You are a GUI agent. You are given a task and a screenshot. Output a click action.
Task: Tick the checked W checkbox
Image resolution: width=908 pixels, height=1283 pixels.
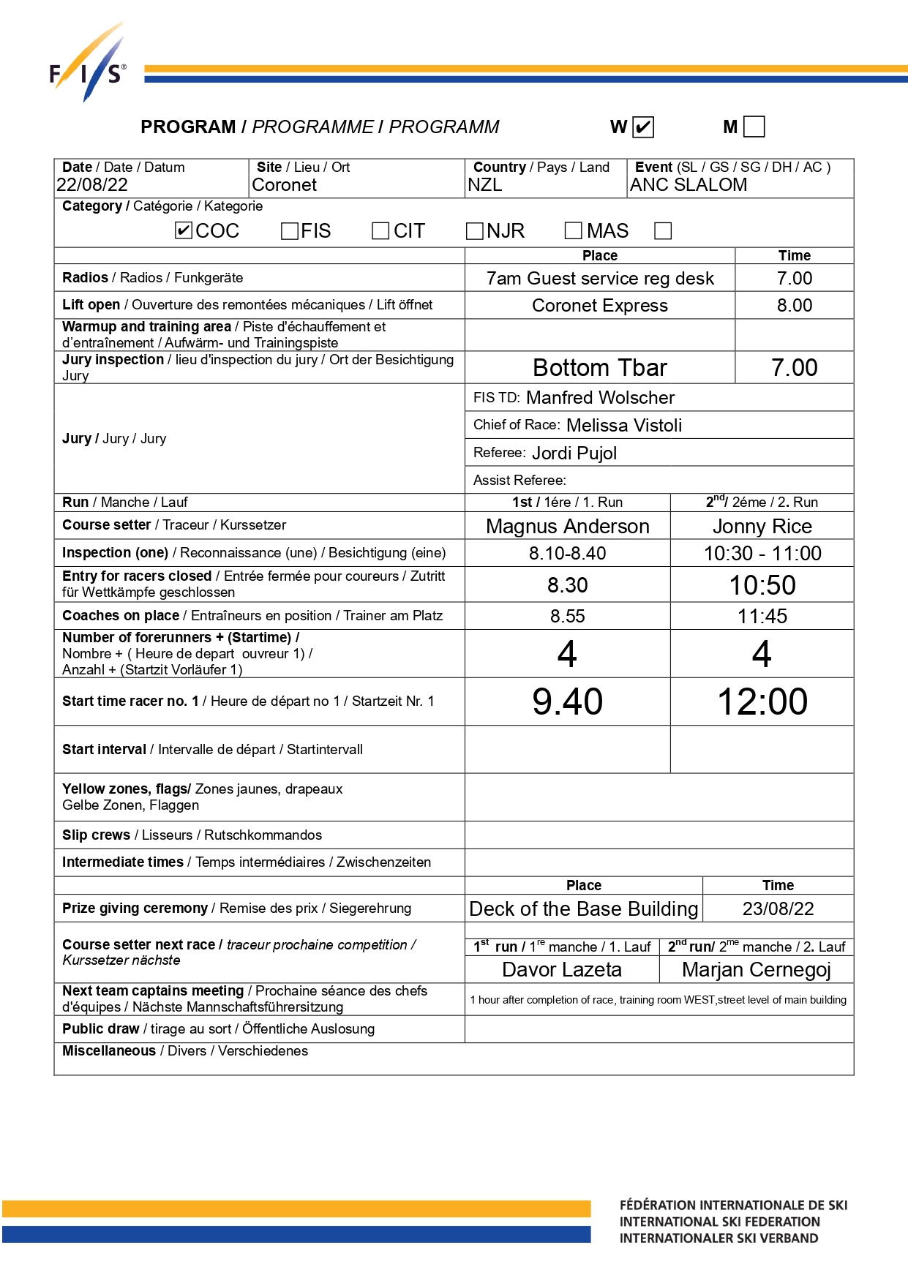pos(642,127)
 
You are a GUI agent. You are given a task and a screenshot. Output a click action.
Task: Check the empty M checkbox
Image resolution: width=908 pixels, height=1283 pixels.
pos(754,127)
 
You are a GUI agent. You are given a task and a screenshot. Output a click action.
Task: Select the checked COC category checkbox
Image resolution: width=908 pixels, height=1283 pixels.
pos(184,231)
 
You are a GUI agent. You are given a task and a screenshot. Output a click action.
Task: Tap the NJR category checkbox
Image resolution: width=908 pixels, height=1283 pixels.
pos(475,231)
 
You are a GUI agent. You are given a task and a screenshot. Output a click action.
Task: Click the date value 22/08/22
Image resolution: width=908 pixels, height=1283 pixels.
pos(92,185)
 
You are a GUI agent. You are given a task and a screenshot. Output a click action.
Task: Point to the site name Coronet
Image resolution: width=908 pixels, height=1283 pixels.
pos(284,185)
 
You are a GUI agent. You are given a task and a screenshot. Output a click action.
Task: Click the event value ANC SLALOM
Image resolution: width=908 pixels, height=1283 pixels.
pos(688,185)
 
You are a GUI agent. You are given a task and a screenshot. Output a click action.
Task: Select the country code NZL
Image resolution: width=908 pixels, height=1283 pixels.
pos(485,185)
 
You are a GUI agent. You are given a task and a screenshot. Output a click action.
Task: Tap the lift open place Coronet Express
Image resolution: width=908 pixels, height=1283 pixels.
pos(599,306)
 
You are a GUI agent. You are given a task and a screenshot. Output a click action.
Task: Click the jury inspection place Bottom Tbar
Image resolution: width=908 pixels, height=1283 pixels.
pos(599,367)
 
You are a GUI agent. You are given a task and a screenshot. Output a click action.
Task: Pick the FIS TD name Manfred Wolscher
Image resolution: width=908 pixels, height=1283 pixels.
pos(600,398)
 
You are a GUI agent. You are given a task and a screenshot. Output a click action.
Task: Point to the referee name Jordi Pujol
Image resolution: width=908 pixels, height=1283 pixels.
pos(574,454)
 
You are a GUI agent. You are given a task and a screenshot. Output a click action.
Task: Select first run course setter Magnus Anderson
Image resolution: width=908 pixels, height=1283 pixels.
pos(567,527)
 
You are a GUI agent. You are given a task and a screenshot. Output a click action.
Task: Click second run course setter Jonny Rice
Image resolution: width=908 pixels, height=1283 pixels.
pos(762,527)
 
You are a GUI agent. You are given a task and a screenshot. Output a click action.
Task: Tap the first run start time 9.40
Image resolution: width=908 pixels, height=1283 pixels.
pos(567,701)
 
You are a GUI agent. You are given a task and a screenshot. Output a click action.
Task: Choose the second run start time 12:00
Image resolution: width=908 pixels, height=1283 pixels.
pos(762,701)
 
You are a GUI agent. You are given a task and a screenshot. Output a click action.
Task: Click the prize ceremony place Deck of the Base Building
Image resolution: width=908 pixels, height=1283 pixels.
pos(583,909)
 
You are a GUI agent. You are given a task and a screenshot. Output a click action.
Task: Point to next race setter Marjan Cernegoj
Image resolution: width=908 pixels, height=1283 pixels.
pos(756,970)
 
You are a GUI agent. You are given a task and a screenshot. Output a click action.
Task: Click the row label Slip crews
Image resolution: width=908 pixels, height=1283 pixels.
pos(96,835)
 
